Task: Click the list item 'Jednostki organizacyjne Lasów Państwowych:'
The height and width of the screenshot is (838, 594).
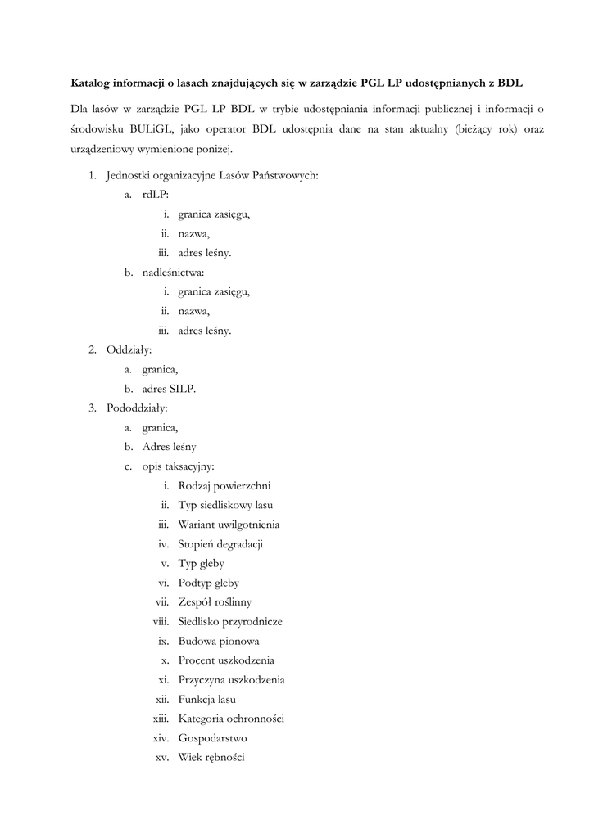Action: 212,176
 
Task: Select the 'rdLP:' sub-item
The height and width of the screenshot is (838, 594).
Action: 155,196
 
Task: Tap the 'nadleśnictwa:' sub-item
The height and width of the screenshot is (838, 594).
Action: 173,273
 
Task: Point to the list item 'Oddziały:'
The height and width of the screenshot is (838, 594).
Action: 129,350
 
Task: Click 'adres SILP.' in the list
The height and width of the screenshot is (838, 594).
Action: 169,389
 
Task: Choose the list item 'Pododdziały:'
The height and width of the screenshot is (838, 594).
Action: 137,408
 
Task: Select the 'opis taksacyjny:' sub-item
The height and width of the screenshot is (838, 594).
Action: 178,466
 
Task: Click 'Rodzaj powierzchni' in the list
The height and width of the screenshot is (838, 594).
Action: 224,486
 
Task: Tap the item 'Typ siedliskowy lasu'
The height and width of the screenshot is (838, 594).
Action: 225,505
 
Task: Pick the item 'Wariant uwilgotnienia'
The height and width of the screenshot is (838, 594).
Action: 229,525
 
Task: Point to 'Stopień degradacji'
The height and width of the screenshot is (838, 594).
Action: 220,544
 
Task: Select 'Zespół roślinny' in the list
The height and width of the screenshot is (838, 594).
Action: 215,602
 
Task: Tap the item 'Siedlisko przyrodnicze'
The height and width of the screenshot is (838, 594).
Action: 230,622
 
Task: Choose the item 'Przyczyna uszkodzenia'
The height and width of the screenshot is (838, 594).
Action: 231,680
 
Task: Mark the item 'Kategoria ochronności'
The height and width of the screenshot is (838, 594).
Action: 231,719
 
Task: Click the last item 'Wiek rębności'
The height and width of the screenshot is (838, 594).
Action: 211,758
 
